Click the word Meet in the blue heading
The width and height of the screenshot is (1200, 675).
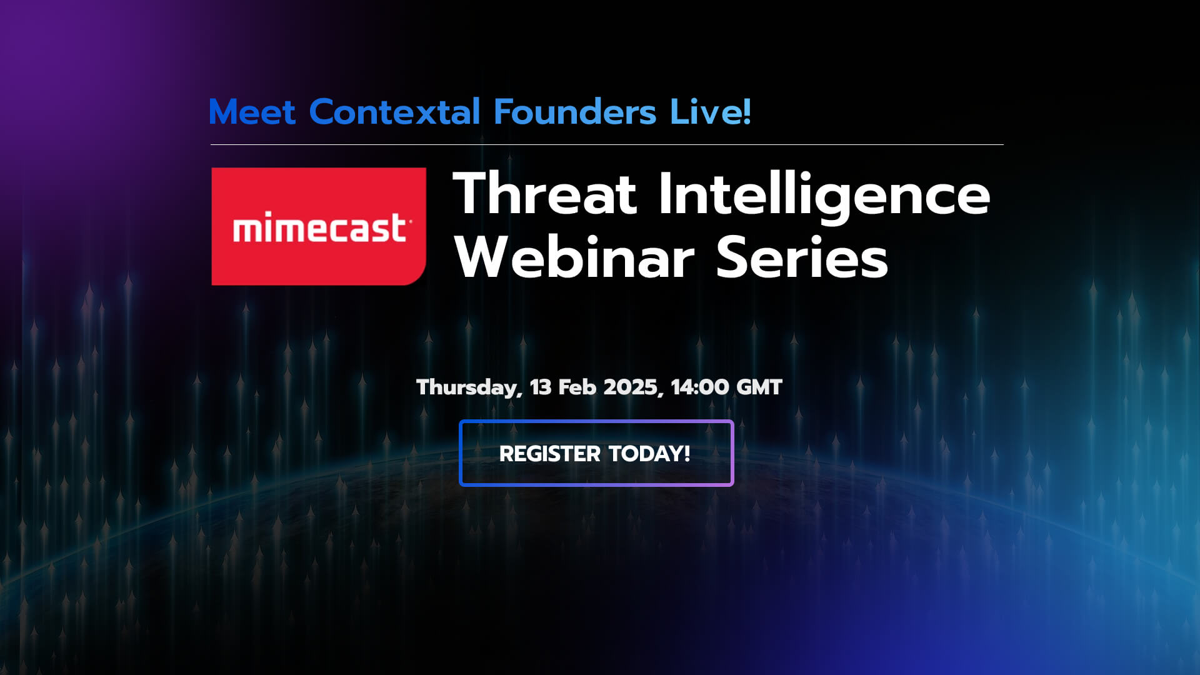point(252,112)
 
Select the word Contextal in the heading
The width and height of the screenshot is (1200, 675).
point(394,112)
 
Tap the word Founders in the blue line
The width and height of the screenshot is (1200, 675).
point(575,112)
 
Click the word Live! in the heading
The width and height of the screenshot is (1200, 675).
point(710,112)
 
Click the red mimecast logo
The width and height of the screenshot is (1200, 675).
point(319,226)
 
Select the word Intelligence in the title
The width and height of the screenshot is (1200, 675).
point(824,195)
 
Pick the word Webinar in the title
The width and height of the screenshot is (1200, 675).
point(574,257)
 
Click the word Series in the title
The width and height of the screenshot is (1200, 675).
point(802,257)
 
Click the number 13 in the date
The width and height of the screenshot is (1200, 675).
point(541,387)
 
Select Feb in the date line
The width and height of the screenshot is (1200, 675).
point(577,387)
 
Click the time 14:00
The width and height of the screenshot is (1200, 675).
point(700,387)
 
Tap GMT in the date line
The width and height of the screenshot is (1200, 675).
point(759,387)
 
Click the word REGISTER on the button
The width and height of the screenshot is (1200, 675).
point(549,454)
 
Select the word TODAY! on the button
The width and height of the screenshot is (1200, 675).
point(649,454)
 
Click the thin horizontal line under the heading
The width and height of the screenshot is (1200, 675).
point(606,145)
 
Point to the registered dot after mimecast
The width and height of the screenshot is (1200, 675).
point(410,221)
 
